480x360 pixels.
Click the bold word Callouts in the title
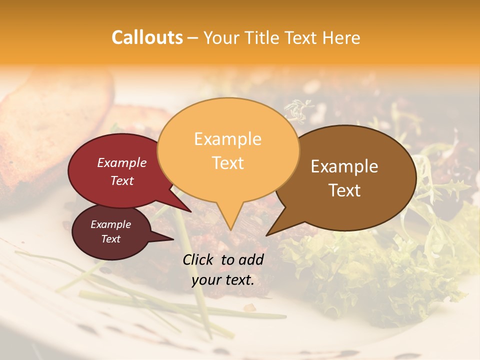point(147,37)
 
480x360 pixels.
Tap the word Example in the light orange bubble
point(227,139)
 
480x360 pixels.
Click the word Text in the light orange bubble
point(227,162)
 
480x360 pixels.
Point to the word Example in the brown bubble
point(344,166)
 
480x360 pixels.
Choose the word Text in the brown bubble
point(344,190)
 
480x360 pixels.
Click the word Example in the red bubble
point(122,162)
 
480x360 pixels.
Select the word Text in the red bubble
point(122,180)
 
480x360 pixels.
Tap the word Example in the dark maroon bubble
point(110,224)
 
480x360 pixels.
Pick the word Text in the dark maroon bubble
point(110,239)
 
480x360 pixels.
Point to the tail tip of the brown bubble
point(267,234)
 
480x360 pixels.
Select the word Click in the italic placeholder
point(199,259)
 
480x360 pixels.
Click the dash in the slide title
point(193,38)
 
